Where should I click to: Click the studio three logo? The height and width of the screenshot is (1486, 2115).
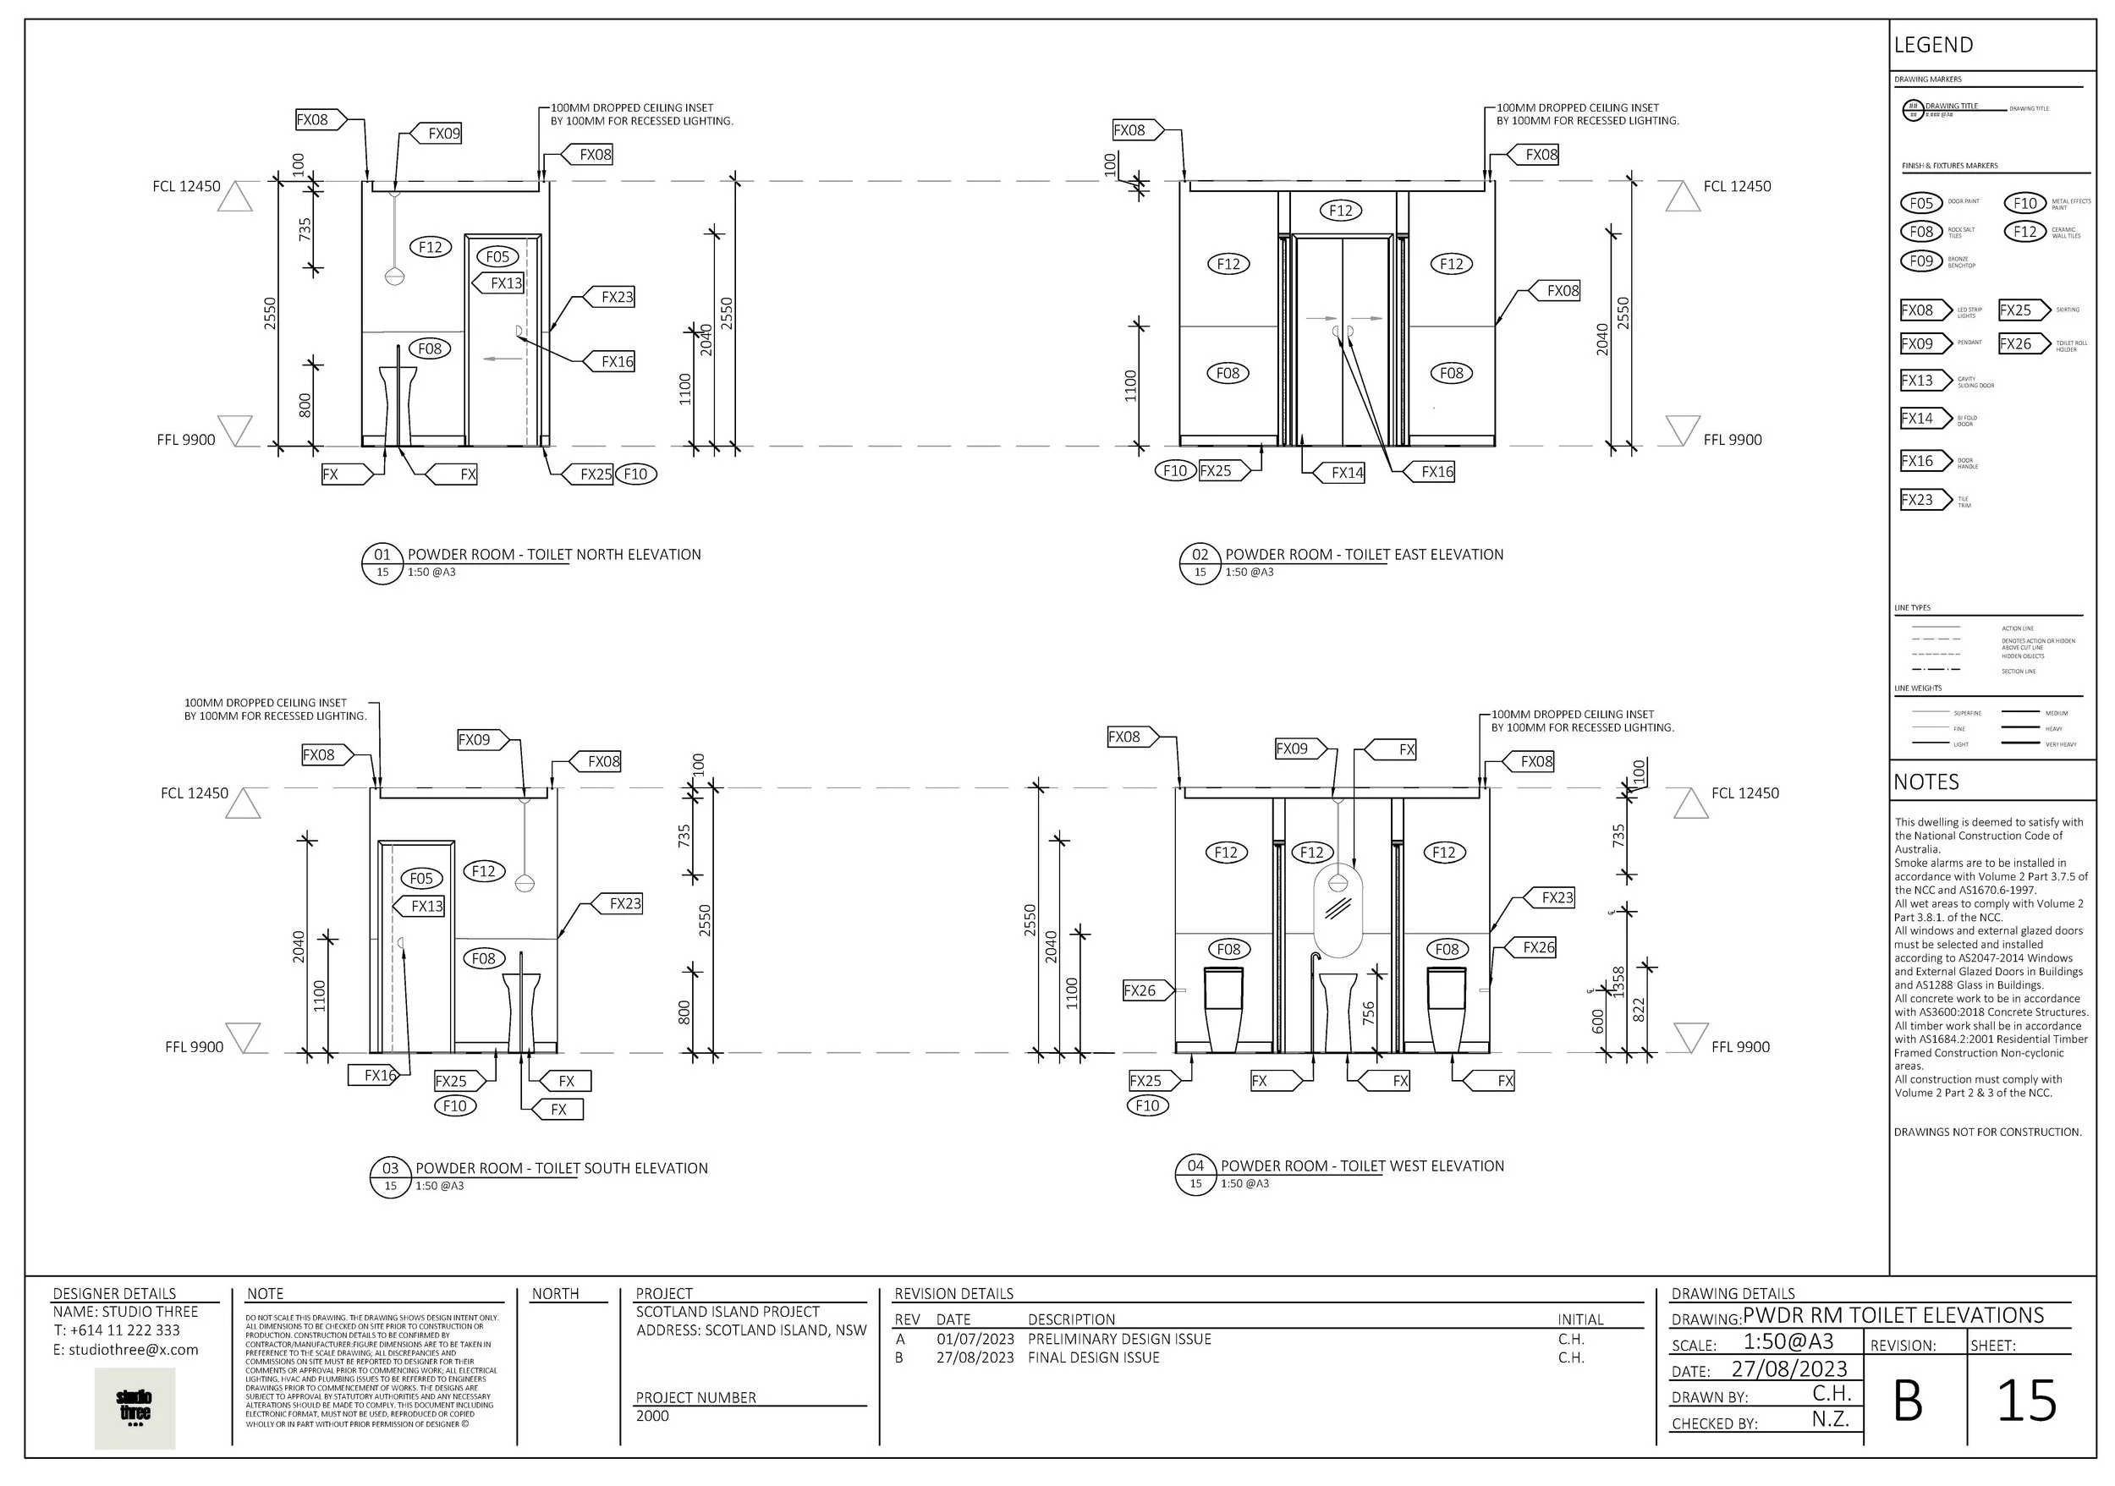(135, 1409)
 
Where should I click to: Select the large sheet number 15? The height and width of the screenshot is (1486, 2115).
(2025, 1402)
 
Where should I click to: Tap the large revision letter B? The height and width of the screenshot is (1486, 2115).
(1908, 1402)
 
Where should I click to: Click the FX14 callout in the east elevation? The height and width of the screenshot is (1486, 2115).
(1346, 472)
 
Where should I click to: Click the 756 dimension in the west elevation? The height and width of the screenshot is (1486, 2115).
(1369, 1012)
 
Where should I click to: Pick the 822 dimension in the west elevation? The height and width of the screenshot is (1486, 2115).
(1639, 1010)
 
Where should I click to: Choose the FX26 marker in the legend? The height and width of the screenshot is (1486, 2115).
(2015, 343)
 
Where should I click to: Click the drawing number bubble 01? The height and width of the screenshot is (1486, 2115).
(382, 554)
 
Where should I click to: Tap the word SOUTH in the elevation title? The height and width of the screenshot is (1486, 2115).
(609, 1168)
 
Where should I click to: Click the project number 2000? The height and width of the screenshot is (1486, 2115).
(652, 1415)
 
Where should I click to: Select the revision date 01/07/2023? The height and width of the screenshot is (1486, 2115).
(975, 1339)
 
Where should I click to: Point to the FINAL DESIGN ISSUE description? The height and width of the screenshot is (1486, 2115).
(1093, 1357)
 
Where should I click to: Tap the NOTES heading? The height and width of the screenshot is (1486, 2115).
(1926, 781)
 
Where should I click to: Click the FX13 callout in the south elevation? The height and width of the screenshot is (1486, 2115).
(426, 906)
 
